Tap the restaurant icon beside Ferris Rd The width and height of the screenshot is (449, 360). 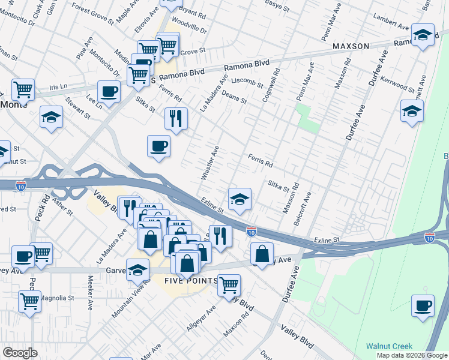pyautogui.click(x=176, y=119)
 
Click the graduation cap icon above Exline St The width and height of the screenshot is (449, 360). pyautogui.click(x=240, y=199)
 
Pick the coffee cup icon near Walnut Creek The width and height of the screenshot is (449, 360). pyautogui.click(x=423, y=305)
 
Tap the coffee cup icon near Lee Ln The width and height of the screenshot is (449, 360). pyautogui.click(x=109, y=92)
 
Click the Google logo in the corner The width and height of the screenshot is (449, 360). pyautogui.click(x=20, y=353)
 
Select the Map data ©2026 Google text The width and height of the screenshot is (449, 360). pyautogui.click(x=411, y=355)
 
